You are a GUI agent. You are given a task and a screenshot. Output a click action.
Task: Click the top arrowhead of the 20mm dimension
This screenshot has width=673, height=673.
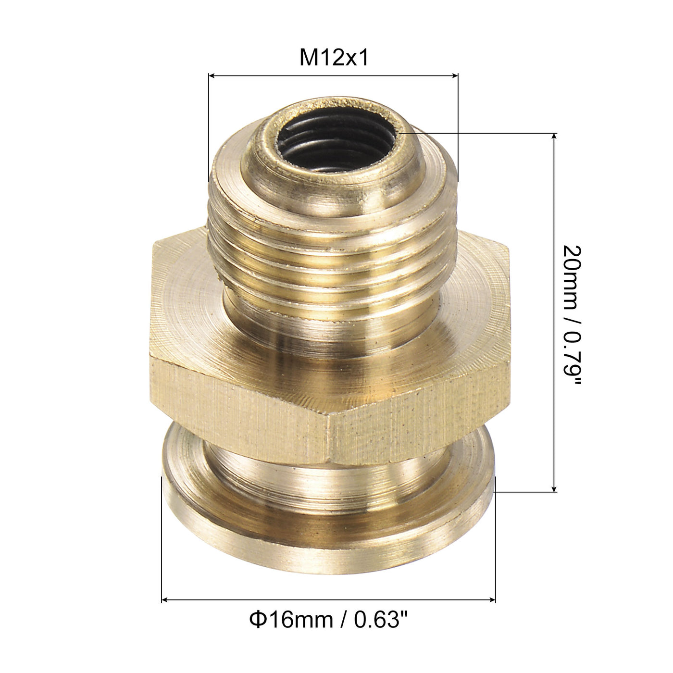555,137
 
